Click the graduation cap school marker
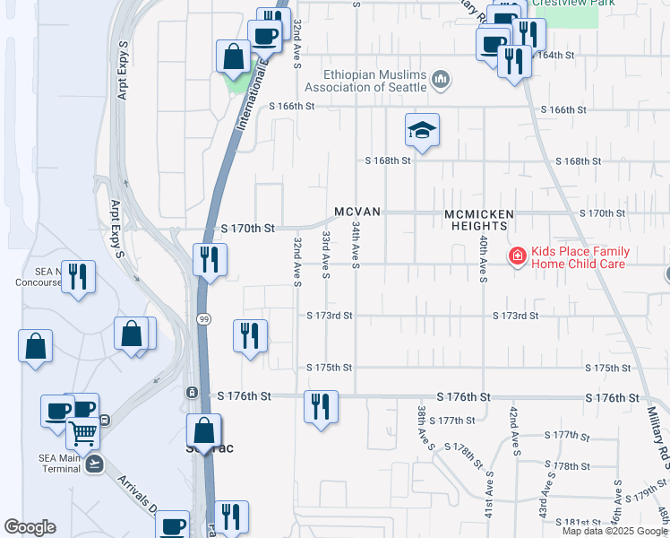pos(422,131)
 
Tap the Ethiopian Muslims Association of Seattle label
pos(365,81)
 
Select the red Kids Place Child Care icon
pos(517,257)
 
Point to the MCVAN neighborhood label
pos(358,212)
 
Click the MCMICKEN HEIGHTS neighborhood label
pos(481,220)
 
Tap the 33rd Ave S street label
pos(327,254)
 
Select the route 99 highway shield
pos(204,319)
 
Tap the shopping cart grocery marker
pos(82,433)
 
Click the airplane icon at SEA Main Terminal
pos(95,464)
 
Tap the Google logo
pos(30,527)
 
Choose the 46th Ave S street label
pos(617,504)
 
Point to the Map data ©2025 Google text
pos(615,531)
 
